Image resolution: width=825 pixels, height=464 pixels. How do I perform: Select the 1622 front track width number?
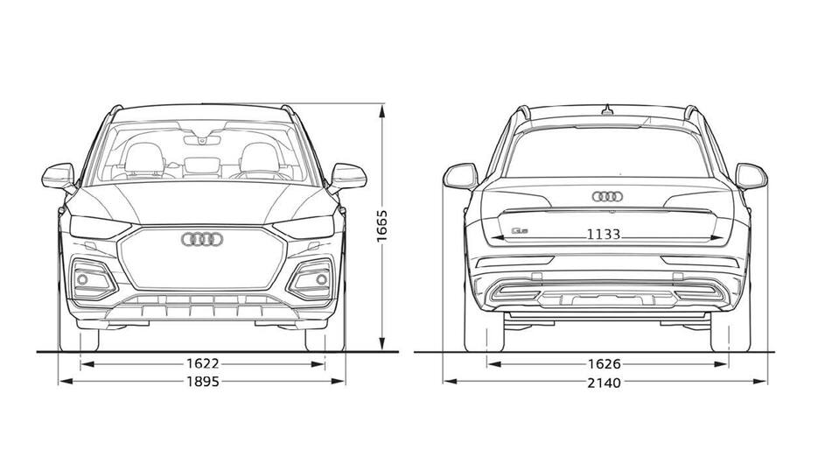(203, 363)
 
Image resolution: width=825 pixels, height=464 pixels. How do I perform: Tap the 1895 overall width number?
(203, 382)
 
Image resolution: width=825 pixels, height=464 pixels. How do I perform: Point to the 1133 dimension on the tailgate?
(604, 235)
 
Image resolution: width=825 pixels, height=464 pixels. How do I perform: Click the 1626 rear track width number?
(605, 364)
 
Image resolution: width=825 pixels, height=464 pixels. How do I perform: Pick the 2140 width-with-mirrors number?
(605, 383)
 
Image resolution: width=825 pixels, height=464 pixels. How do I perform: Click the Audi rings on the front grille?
(203, 239)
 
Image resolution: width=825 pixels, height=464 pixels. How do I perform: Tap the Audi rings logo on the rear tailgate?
(608, 196)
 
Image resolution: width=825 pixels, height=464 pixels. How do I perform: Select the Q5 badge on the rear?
(518, 230)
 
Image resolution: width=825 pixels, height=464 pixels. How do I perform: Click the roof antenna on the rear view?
(608, 110)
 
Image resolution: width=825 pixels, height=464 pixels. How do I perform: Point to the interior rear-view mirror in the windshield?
(202, 140)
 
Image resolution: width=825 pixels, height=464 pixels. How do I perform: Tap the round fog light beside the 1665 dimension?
(321, 279)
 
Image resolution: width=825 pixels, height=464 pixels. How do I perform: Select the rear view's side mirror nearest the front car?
(460, 177)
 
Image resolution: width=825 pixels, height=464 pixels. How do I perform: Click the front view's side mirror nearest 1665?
(348, 177)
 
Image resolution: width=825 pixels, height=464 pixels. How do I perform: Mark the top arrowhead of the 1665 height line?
(382, 110)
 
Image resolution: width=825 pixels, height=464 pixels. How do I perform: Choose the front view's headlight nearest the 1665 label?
(304, 227)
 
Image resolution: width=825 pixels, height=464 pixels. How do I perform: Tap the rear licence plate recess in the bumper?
(608, 299)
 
